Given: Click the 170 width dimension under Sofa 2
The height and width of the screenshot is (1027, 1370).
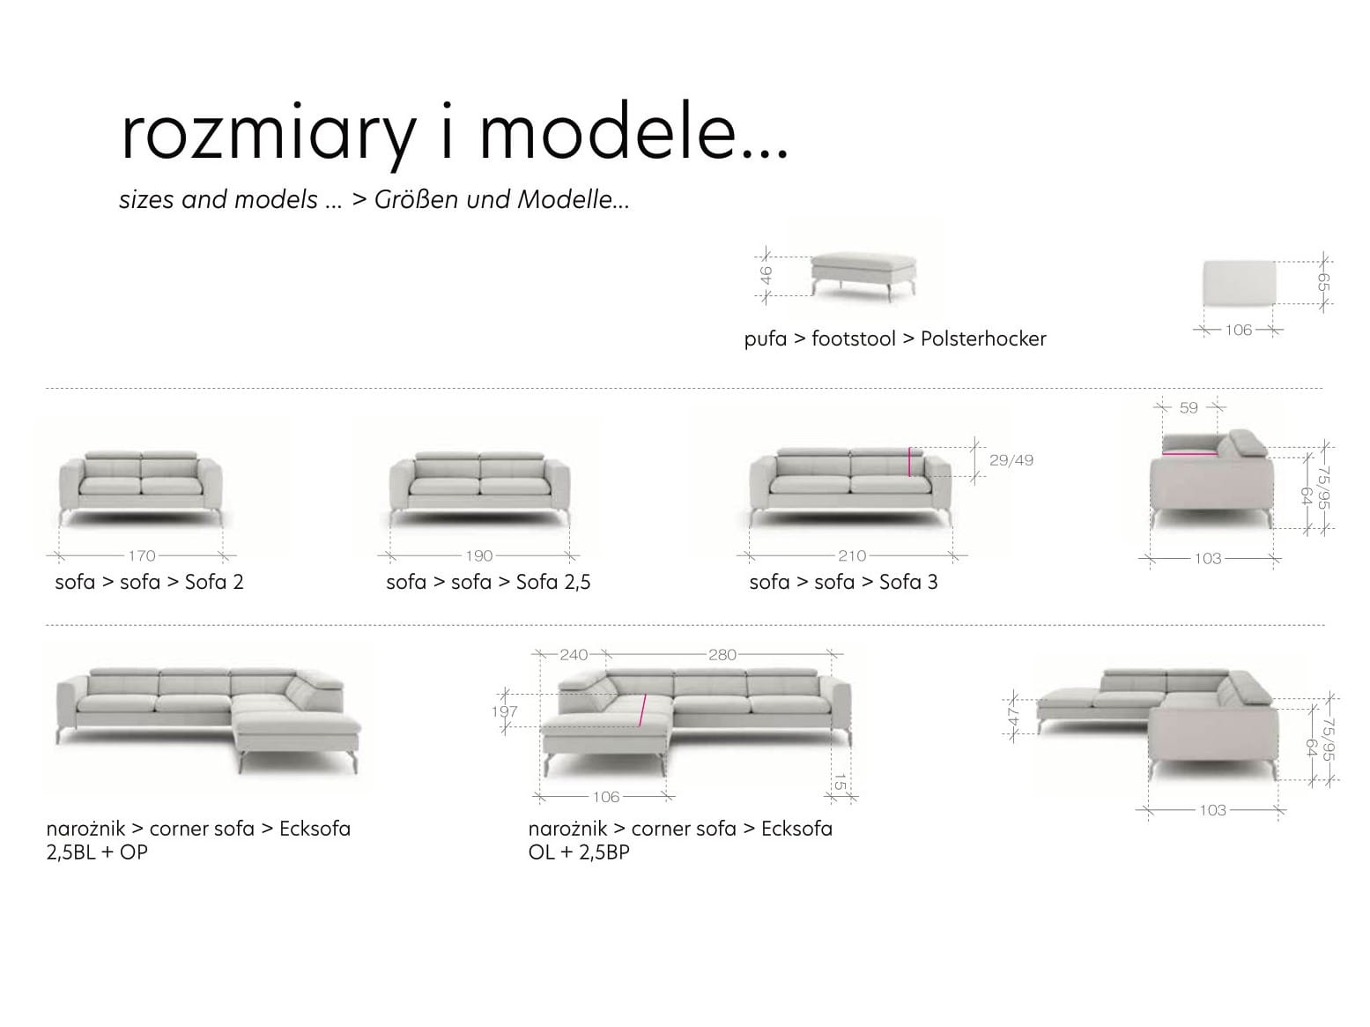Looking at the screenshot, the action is coord(142,555).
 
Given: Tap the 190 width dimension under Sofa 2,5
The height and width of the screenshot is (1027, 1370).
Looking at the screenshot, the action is coord(478,555).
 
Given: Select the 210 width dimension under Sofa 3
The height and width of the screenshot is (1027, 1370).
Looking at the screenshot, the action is coord(852,555).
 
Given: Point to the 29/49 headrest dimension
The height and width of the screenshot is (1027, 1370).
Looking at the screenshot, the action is coord(1011,460).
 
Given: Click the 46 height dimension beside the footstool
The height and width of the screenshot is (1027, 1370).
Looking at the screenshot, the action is coord(766,275).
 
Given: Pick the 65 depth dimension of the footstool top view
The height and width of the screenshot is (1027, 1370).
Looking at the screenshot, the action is coord(1322,282).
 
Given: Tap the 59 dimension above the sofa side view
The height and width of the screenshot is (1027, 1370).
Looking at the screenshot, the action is coord(1189,407).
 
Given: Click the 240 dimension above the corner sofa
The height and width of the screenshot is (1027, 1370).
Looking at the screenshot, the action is coord(574,654).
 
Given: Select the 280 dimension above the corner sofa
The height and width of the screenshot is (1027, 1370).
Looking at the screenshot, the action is coord(722,654).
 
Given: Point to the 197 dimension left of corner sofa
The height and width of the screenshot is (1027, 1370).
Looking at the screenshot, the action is coord(504,711).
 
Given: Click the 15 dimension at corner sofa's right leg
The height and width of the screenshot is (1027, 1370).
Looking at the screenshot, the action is coord(841,781).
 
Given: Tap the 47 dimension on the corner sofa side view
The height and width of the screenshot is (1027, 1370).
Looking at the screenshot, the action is coord(1013,717).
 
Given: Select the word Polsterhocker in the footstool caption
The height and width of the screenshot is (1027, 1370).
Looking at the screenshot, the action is coord(983,339).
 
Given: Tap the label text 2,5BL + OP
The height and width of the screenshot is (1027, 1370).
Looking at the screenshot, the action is coord(97,852).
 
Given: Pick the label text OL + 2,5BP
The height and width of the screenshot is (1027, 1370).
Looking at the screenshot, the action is coord(579,852).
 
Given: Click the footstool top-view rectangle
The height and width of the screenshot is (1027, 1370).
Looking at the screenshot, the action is coord(1239,283).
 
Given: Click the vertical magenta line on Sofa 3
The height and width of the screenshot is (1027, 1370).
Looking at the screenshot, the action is coord(909,462).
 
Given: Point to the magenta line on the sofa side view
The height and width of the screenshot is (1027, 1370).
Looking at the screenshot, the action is coord(1189,453).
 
